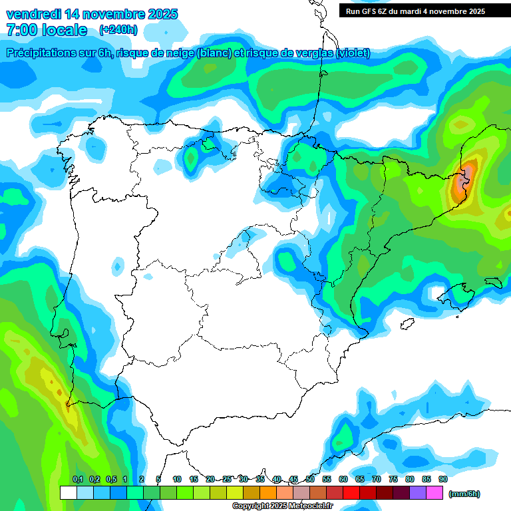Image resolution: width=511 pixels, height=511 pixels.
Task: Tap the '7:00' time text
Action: point(21,30)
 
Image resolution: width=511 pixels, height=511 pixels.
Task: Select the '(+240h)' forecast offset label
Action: point(118,30)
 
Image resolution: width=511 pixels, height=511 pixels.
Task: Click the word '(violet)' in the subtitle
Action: point(353,53)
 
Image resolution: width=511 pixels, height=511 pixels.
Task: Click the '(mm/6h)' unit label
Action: point(464,494)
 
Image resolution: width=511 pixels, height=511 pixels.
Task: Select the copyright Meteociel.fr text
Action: point(283,506)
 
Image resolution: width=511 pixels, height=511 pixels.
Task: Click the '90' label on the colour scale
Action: point(443,479)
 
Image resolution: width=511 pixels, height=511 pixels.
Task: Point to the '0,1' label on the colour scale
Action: point(78,479)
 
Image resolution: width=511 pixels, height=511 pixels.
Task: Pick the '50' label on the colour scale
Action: point(310,479)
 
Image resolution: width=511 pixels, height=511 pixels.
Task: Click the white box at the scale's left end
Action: point(68,493)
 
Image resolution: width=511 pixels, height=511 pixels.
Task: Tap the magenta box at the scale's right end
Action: point(434,493)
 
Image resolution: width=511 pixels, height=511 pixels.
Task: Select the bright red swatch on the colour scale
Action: point(351,493)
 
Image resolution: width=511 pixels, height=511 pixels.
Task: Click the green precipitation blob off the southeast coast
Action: point(344,437)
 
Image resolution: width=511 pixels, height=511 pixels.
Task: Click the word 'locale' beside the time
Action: point(65,30)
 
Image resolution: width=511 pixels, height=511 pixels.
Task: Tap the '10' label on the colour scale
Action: point(177,479)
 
